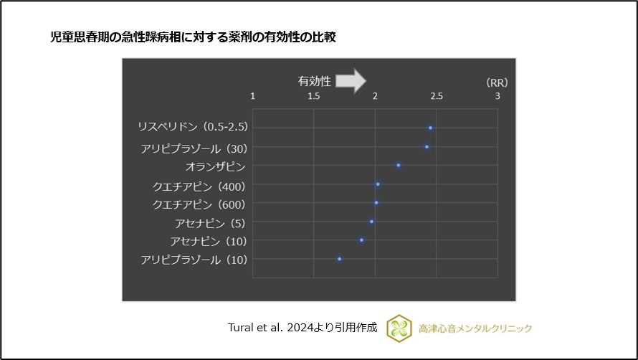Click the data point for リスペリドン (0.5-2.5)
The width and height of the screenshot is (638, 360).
430,128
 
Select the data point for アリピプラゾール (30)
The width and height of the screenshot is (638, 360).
427,147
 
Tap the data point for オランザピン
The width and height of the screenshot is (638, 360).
399,166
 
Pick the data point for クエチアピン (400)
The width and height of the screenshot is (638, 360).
378,184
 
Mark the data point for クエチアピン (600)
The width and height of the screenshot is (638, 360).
376,203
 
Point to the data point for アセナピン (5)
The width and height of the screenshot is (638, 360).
371,222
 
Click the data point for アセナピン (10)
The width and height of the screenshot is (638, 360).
361,240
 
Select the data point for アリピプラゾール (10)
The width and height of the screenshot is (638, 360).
340,259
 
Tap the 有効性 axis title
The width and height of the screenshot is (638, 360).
314,82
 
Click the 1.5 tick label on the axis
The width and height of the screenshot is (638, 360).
313,96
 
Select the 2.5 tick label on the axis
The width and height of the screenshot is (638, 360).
437,96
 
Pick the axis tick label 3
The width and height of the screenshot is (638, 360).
497,96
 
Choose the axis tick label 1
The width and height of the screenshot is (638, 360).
252,96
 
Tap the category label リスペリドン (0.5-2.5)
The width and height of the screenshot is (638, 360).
193,127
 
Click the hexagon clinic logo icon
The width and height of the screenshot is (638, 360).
399,328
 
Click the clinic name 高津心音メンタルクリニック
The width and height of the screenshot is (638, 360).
475,328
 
